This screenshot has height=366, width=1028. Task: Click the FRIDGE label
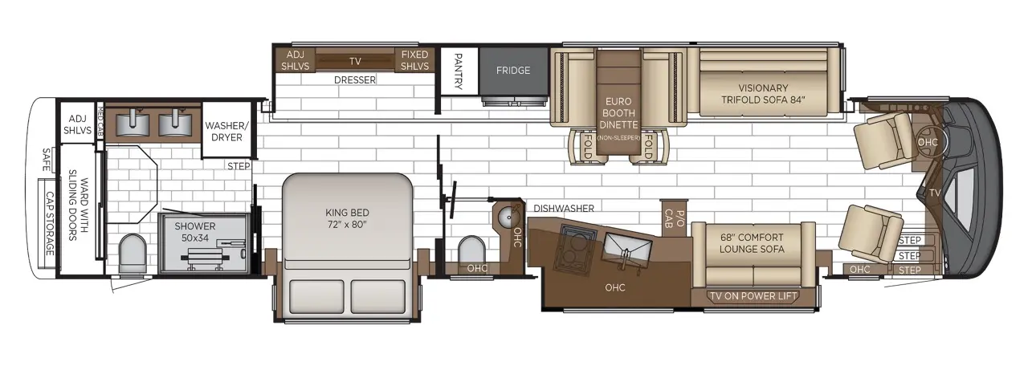point(513,70)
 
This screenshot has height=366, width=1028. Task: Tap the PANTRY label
point(458,71)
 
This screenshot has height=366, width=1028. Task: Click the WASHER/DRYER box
point(226,130)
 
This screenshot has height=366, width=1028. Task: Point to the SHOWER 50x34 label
point(195,232)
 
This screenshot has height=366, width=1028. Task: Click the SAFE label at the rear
point(47,159)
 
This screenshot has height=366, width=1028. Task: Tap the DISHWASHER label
point(564,208)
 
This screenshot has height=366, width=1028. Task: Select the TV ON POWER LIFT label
point(753,296)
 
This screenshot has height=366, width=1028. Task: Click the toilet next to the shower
point(133,253)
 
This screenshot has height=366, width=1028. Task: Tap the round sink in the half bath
point(508,216)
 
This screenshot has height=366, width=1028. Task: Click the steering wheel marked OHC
point(927,142)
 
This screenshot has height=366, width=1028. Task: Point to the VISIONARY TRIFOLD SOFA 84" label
point(763,94)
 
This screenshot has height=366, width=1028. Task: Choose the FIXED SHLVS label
point(414,60)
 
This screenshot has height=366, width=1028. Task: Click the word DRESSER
point(355,79)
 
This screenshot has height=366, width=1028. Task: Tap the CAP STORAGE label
point(50,224)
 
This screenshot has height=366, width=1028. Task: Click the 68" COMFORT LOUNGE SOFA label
point(752,243)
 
